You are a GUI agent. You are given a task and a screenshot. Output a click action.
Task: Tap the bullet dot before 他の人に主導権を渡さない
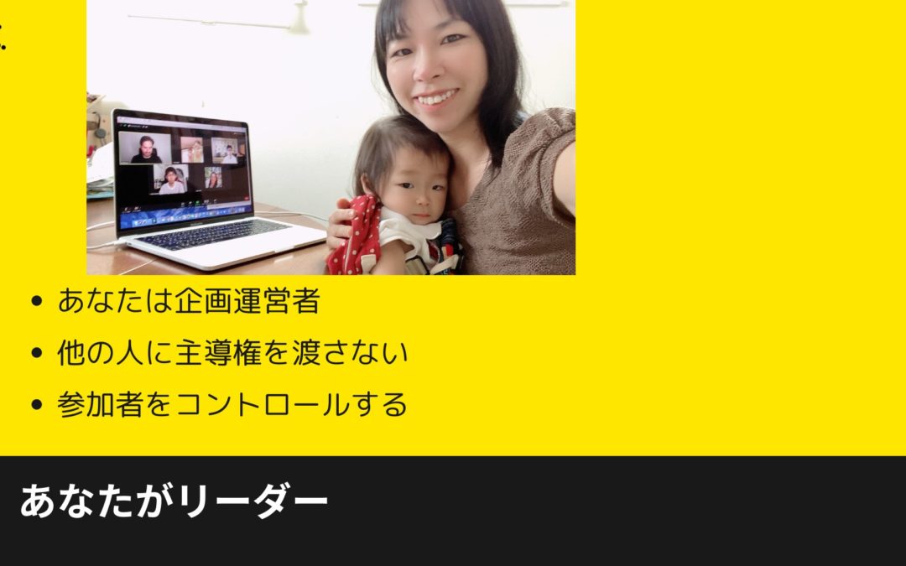click(x=35, y=353)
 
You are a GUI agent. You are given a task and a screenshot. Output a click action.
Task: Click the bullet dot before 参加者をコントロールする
click(x=35, y=405)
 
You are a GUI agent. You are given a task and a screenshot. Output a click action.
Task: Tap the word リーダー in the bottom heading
click(x=253, y=501)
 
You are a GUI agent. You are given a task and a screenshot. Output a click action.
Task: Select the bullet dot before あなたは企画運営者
click(x=35, y=301)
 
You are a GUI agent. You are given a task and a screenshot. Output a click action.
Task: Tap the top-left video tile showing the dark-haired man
click(x=146, y=148)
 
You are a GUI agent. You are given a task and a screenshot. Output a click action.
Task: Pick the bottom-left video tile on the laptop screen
click(x=170, y=179)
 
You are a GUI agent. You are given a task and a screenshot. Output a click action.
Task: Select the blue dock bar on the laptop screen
click(x=185, y=215)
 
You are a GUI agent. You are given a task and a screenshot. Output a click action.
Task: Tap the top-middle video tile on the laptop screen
click(x=192, y=150)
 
